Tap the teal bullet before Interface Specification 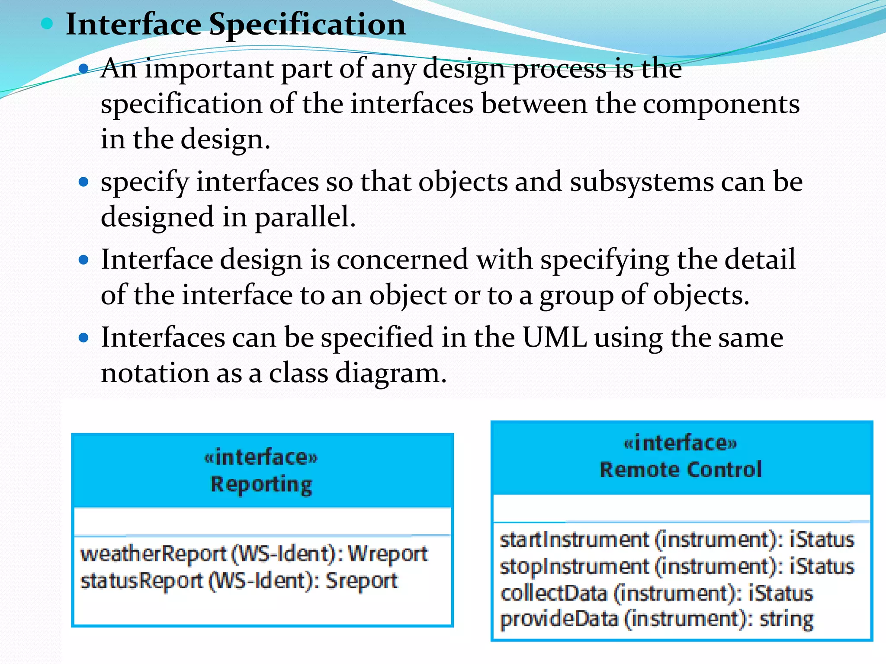pyautogui.click(x=47, y=23)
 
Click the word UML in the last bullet pyautogui.click(x=555, y=338)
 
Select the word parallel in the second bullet pyautogui.click(x=305, y=217)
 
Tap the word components pyautogui.click(x=721, y=105)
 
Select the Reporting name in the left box pyautogui.click(x=261, y=485)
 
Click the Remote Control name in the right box pyautogui.click(x=681, y=470)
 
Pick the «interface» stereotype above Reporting pyautogui.click(x=261, y=457)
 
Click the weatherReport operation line pyautogui.click(x=254, y=554)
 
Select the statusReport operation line pyautogui.click(x=239, y=581)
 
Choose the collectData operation pyautogui.click(x=554, y=593)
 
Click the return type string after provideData pyautogui.click(x=786, y=619)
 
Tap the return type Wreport pyautogui.click(x=388, y=554)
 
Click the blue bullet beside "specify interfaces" pyautogui.click(x=84, y=182)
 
